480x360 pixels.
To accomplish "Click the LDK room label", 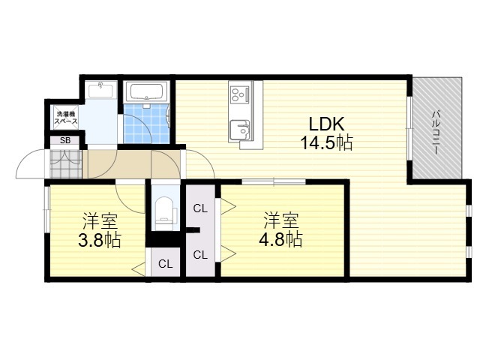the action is point(326,124).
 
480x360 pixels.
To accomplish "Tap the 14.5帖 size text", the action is point(326,142).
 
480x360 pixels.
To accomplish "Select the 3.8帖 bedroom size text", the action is point(100,240).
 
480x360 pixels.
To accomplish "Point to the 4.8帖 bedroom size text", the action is point(280,239).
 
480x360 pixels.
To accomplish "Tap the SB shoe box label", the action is point(65,140).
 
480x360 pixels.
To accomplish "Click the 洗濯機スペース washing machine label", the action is point(66,118).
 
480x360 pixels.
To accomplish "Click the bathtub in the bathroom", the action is point(147,91).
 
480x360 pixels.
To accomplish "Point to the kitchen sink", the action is point(240,130).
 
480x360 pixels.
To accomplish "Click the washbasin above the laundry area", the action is point(100,90).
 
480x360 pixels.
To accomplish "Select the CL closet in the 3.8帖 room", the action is point(166,262).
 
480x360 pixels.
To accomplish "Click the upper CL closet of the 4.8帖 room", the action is point(200,208).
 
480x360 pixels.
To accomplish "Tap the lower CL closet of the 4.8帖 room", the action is point(200,255).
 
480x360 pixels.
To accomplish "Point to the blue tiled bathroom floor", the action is point(147,124).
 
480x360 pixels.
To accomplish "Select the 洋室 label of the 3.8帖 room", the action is point(100,221).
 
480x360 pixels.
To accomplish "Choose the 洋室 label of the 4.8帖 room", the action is point(281,220).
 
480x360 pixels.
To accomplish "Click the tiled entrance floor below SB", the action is point(66,164).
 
